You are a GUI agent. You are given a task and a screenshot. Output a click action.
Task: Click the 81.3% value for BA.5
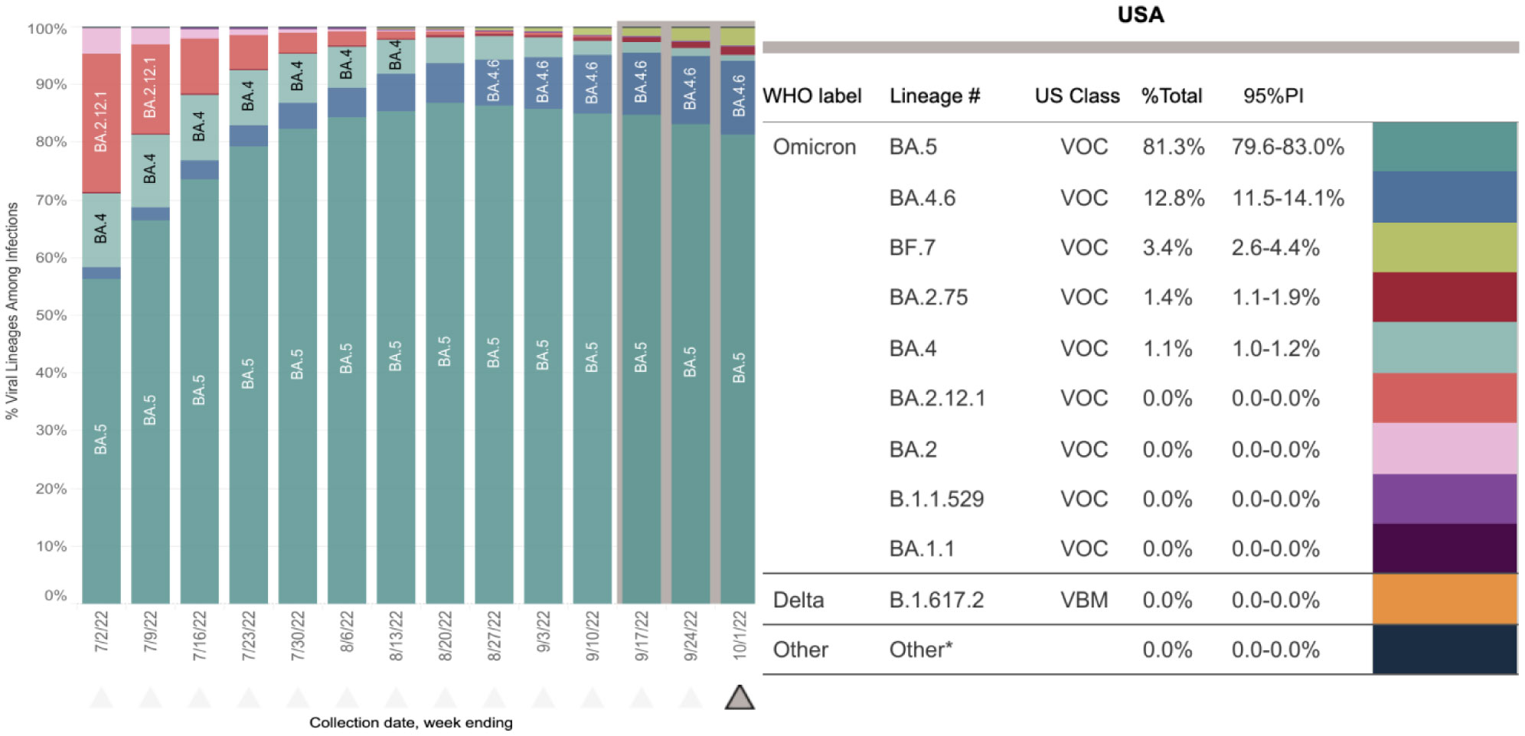pyautogui.click(x=1173, y=147)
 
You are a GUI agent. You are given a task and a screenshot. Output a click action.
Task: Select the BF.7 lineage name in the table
pyautogui.click(x=912, y=248)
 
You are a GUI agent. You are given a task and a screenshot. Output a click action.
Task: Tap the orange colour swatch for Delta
pyautogui.click(x=1445, y=599)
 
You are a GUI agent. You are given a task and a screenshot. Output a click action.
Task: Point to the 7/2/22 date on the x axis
pyautogui.click(x=102, y=632)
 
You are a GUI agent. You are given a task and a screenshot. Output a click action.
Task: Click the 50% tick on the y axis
pyautogui.click(x=51, y=315)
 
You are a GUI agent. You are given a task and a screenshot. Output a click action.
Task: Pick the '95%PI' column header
pyautogui.click(x=1273, y=96)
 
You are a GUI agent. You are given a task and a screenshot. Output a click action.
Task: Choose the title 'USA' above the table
pyautogui.click(x=1140, y=15)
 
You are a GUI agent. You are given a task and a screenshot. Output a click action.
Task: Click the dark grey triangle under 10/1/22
pyautogui.click(x=740, y=697)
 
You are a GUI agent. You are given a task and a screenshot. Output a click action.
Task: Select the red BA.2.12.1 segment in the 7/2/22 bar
pyautogui.click(x=101, y=122)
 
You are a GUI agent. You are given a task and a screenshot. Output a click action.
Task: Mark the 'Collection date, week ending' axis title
pyautogui.click(x=411, y=722)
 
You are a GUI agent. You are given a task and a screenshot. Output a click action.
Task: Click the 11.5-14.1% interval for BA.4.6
pyautogui.click(x=1288, y=198)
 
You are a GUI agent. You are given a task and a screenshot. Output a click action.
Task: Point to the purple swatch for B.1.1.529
pyautogui.click(x=1445, y=499)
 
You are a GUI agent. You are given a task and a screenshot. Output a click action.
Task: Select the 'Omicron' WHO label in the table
pyautogui.click(x=814, y=147)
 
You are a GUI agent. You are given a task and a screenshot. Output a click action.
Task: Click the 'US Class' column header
pyautogui.click(x=1076, y=96)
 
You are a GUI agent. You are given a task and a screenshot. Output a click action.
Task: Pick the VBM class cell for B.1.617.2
pyautogui.click(x=1084, y=600)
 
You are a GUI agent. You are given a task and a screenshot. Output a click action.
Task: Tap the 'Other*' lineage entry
pyautogui.click(x=920, y=650)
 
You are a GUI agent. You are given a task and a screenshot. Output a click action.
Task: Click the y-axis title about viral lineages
pyautogui.click(x=12, y=311)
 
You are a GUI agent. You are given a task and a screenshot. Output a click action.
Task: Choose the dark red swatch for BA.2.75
pyautogui.click(x=1445, y=297)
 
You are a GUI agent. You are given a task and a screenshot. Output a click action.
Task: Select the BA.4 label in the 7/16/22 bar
pyautogui.click(x=199, y=126)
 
